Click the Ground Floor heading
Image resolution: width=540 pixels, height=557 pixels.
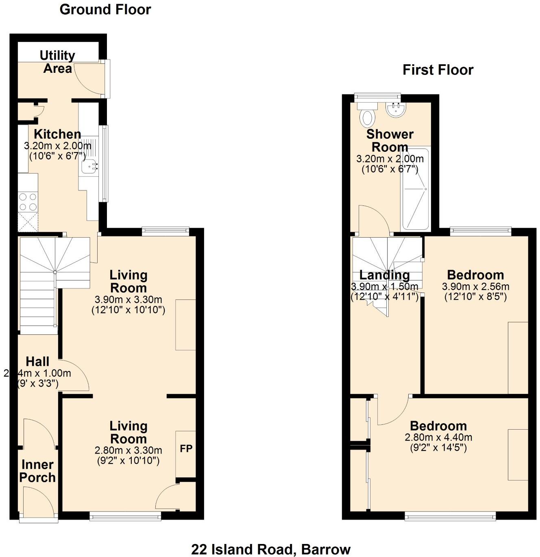(x=105, y=10)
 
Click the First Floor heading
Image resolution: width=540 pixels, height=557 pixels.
(x=438, y=70)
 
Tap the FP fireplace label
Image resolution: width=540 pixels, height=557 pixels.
(x=186, y=449)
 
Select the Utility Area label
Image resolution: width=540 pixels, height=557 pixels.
(x=57, y=62)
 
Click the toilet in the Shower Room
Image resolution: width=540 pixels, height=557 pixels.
(x=368, y=117)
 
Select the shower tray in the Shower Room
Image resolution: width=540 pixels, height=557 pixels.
(x=415, y=190)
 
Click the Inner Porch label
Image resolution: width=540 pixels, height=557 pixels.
(x=37, y=471)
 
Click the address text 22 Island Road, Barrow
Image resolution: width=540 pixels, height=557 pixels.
(x=271, y=549)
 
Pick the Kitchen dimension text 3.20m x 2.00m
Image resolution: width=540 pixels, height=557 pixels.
(x=57, y=146)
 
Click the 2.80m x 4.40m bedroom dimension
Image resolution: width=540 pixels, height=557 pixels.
(x=438, y=438)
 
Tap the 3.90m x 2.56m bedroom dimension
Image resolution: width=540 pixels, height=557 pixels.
(x=475, y=286)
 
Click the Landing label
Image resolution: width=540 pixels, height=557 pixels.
(x=384, y=275)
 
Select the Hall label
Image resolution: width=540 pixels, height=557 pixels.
(x=37, y=361)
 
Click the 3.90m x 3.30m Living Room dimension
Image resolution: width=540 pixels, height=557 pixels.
(x=128, y=300)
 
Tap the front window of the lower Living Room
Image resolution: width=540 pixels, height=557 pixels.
(x=125, y=517)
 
